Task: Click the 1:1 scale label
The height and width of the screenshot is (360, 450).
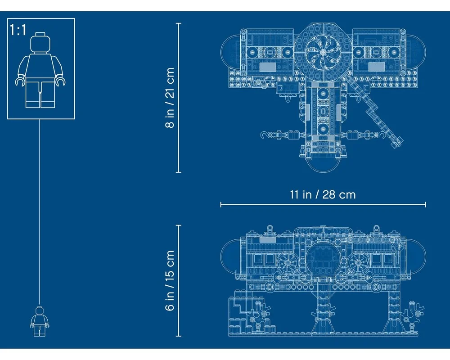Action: [x=18, y=30]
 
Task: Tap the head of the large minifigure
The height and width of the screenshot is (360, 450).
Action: [x=40, y=42]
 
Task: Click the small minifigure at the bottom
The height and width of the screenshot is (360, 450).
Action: [x=39, y=321]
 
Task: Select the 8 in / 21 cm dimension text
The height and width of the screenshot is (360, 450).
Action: [x=170, y=98]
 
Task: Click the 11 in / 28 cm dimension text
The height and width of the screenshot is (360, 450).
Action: [x=323, y=195]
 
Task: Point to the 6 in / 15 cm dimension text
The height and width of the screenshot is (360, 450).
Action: [x=170, y=280]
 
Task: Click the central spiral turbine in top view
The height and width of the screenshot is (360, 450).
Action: [x=323, y=52]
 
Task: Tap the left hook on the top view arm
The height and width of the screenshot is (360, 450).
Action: [x=265, y=135]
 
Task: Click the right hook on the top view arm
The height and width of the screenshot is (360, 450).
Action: [x=381, y=135]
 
